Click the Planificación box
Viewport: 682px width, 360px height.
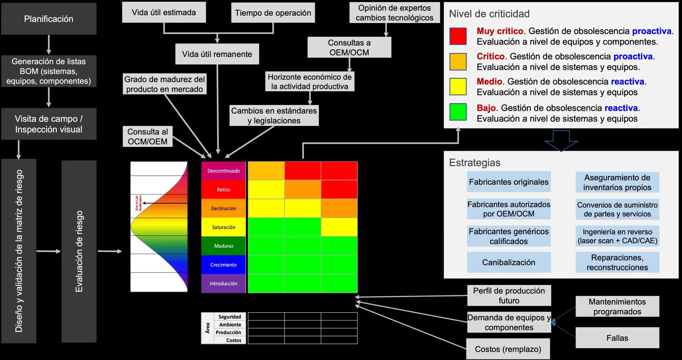tap(49, 19)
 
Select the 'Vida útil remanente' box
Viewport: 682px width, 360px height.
tap(217, 54)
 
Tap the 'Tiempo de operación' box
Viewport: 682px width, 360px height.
tap(273, 13)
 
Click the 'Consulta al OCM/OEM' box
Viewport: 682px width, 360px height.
tap(148, 136)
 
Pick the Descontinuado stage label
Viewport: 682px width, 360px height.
tap(224, 171)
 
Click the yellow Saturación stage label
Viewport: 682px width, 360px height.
tap(224, 227)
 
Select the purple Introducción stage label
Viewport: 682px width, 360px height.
tap(224, 284)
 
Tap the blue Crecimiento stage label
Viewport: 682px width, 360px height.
tap(224, 265)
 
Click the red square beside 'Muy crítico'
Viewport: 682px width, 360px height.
tap(458, 36)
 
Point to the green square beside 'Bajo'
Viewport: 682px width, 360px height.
tap(458, 112)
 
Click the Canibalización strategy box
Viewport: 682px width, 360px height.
tap(509, 262)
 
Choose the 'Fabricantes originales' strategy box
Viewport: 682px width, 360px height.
tap(509, 182)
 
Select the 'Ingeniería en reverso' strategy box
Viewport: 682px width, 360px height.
tap(617, 236)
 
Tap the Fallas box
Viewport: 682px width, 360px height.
tap(617, 338)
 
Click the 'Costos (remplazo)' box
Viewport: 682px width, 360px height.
tap(508, 349)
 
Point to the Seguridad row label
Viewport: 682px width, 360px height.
tap(230, 317)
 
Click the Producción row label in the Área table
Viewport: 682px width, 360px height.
tap(228, 332)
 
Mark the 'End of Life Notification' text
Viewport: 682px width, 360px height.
tap(138, 203)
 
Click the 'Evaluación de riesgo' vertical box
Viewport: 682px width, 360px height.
tap(79, 251)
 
